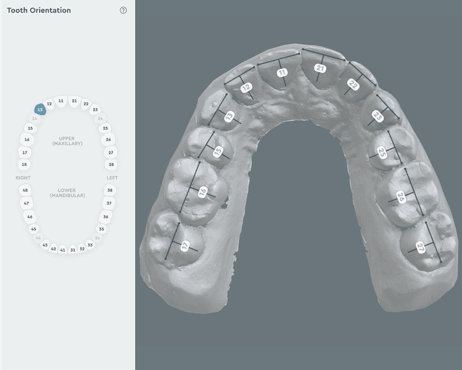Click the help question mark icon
tap(124, 10)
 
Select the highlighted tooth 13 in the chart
tap(40, 111)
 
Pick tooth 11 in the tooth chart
tap(61, 101)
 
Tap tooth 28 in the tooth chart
tap(111, 165)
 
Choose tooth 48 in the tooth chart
tap(25, 191)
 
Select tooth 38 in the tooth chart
tap(110, 191)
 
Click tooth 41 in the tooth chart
tap(62, 250)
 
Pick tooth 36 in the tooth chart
tap(105, 217)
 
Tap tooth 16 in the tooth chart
tap(27, 140)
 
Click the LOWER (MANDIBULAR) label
tap(67, 193)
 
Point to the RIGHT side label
tap(23, 178)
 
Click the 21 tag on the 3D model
tap(319, 68)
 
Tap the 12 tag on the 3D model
tap(246, 87)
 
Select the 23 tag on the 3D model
tap(377, 116)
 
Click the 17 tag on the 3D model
tap(185, 246)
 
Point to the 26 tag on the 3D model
tap(401, 198)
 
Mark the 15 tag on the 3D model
tap(218, 152)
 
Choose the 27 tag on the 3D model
tap(421, 247)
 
